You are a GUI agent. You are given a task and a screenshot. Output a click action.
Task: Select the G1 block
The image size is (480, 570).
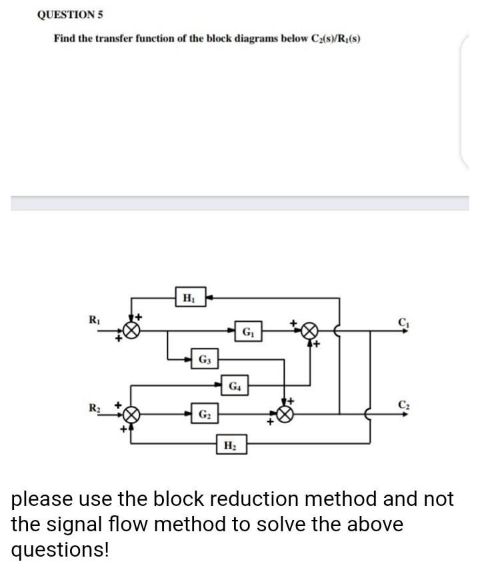(247, 330)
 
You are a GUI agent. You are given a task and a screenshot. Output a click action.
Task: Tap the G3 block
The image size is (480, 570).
(203, 360)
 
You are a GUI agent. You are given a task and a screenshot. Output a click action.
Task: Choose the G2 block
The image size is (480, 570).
(203, 414)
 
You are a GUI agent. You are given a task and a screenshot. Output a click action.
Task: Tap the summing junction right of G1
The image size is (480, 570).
(309, 331)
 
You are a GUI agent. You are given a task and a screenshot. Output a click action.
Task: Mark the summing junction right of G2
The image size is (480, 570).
(285, 414)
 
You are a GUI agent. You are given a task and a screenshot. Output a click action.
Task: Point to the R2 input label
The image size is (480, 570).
(96, 406)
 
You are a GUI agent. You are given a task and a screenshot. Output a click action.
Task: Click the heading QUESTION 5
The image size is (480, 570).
(70, 15)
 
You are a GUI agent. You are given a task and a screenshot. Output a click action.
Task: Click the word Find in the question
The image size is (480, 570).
(64, 38)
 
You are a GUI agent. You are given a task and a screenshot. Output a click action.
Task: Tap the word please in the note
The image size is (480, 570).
(45, 500)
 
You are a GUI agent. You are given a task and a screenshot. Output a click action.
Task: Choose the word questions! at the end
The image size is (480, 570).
(59, 551)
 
